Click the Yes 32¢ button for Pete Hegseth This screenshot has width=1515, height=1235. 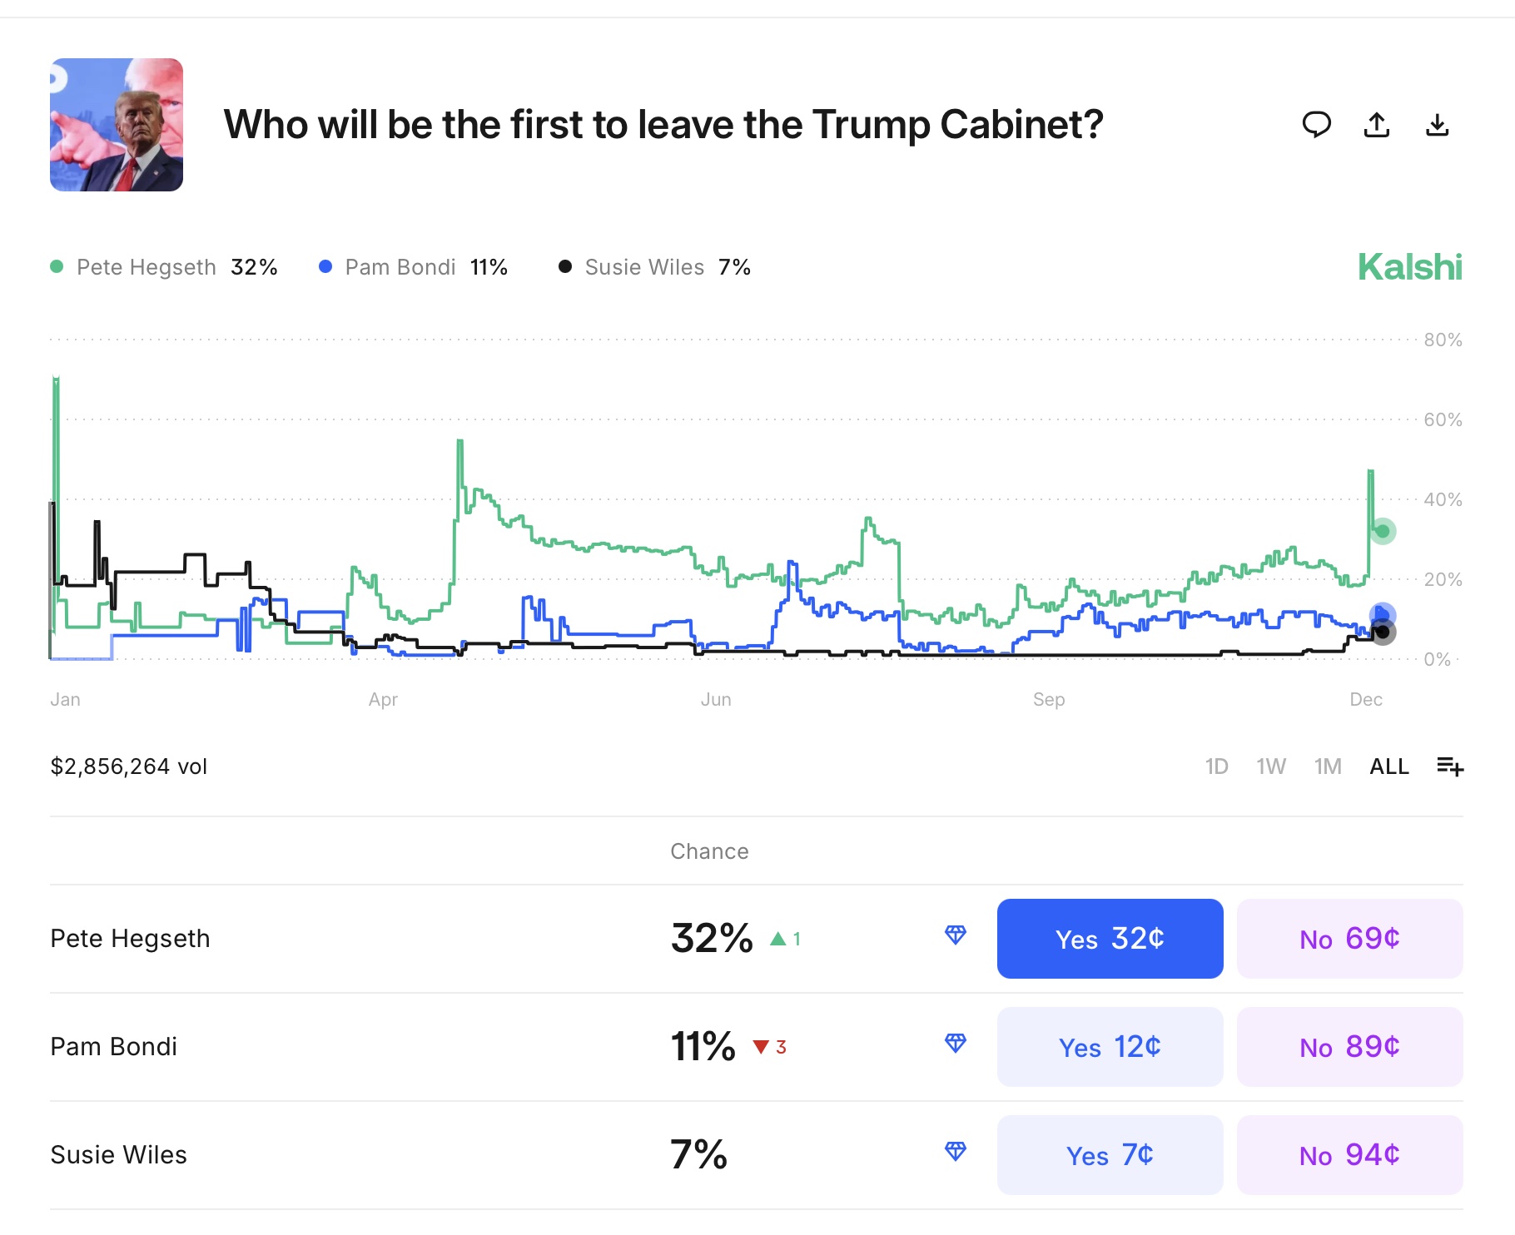pyautogui.click(x=1110, y=939)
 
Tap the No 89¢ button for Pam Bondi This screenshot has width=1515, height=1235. pyautogui.click(x=1349, y=1047)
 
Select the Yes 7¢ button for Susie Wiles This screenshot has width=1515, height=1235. pyautogui.click(x=1110, y=1155)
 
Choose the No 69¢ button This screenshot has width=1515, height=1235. pyautogui.click(x=1349, y=939)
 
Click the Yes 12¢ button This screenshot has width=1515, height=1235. pyautogui.click(x=1110, y=1047)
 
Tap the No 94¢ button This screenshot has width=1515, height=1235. pyautogui.click(x=1349, y=1155)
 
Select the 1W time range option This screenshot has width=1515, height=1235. pyautogui.click(x=1271, y=766)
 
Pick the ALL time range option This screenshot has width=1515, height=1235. pyautogui.click(x=1389, y=766)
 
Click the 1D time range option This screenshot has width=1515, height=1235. pyautogui.click(x=1216, y=766)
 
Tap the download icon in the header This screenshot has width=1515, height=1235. pyautogui.click(x=1438, y=125)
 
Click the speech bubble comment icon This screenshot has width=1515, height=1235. pyautogui.click(x=1316, y=125)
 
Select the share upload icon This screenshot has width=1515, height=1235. pyautogui.click(x=1377, y=125)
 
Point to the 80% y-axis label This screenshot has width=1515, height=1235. pyautogui.click(x=1443, y=340)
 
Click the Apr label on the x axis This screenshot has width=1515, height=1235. pyautogui.click(x=383, y=700)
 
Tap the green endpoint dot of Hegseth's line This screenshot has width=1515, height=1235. pyautogui.click(x=1383, y=531)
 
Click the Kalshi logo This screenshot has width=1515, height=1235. pyautogui.click(x=1409, y=267)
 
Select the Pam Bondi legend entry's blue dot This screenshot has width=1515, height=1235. pyautogui.click(x=325, y=267)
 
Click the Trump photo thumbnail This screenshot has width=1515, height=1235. pyautogui.click(x=117, y=125)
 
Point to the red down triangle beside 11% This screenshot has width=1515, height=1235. pyautogui.click(x=761, y=1047)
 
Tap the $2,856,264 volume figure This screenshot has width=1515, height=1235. pyautogui.click(x=129, y=766)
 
